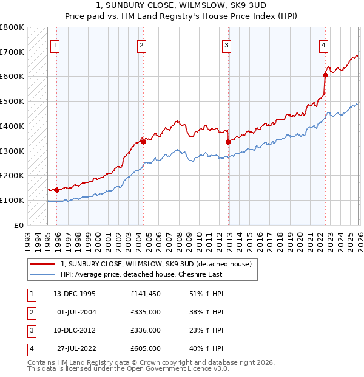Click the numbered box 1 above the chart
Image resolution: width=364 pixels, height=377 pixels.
(x=55, y=45)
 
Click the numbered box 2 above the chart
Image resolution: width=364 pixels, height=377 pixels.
(x=141, y=45)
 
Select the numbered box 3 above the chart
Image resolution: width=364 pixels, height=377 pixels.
(x=226, y=45)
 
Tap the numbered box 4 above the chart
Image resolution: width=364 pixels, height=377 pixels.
(x=324, y=45)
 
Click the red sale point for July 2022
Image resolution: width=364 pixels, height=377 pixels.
(x=325, y=75)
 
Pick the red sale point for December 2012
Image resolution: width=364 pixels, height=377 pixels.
(x=228, y=142)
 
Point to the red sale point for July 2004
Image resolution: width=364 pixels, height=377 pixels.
(x=143, y=142)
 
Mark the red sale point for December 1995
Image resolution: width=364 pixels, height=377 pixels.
(x=57, y=190)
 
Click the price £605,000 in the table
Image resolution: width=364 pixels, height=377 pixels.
(x=146, y=348)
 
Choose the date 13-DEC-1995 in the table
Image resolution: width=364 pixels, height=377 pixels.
(x=75, y=294)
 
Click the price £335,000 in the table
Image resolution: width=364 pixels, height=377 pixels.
(x=146, y=312)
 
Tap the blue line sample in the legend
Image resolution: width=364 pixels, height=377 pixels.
(x=43, y=274)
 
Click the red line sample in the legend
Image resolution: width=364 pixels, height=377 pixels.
(x=43, y=264)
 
